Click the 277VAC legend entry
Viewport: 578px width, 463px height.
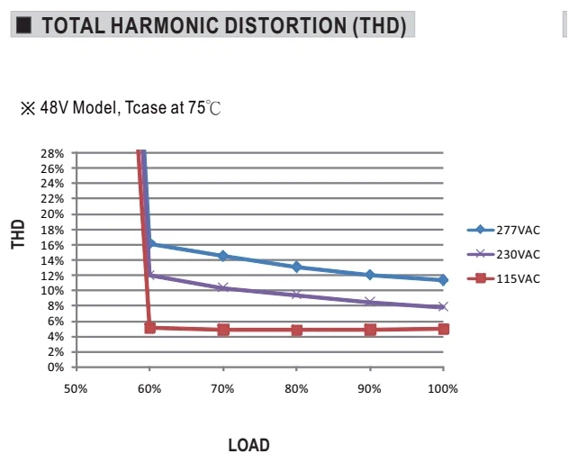tap(503, 230)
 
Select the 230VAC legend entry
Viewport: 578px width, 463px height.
tap(503, 254)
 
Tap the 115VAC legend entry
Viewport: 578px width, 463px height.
tap(503, 278)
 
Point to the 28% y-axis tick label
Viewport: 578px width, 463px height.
tap(52, 153)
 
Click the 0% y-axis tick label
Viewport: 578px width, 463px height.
tap(56, 368)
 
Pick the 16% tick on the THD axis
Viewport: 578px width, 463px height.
tap(52, 245)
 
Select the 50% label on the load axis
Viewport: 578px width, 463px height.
tap(76, 389)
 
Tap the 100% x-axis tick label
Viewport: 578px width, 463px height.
tap(443, 389)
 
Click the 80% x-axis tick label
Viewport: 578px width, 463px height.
tap(296, 389)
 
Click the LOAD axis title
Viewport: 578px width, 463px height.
tap(248, 445)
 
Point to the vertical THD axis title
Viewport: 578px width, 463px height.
tap(18, 234)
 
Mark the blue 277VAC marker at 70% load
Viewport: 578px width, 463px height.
tap(223, 256)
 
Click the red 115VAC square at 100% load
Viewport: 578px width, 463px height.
tap(444, 329)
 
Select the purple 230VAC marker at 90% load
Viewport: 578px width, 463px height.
tap(370, 302)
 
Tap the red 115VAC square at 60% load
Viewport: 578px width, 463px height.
tap(150, 327)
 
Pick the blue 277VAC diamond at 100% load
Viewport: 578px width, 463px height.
tap(443, 279)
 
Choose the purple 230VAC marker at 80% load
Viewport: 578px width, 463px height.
tap(297, 295)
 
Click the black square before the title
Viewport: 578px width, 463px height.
tap(24, 25)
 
